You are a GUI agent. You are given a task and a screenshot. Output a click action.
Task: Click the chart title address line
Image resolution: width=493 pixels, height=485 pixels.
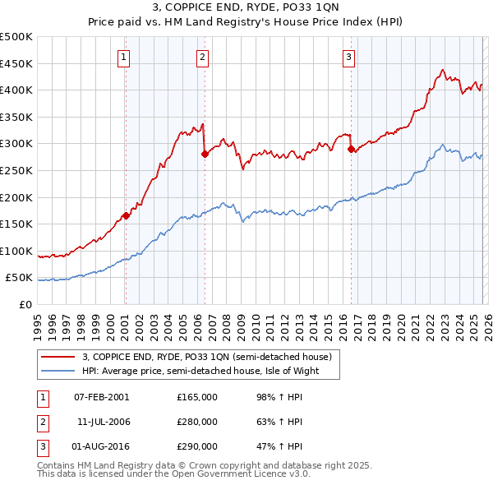tap(246, 7)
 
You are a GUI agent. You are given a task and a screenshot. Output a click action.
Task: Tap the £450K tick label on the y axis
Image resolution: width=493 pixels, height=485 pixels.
tap(16, 63)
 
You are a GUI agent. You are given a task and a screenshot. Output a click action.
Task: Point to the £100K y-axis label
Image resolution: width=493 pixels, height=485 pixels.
tap(16, 251)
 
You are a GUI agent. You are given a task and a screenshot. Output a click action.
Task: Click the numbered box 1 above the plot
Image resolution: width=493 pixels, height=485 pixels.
tap(123, 57)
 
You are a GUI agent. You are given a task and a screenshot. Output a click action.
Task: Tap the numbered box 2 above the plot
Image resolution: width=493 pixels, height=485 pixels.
tap(202, 57)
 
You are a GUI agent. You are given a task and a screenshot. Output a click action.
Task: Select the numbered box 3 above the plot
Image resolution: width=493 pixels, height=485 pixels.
tap(348, 57)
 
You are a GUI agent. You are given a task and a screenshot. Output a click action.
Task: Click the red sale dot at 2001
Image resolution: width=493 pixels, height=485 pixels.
tap(126, 216)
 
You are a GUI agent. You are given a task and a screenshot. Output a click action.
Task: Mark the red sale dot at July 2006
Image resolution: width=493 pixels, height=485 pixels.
tap(205, 154)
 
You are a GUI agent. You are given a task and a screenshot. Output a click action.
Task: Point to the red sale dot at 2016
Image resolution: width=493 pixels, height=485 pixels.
tap(351, 149)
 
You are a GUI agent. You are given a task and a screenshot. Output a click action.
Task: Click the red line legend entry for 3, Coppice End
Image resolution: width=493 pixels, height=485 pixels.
tap(206, 357)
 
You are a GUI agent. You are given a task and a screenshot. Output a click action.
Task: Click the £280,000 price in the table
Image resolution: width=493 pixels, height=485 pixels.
tap(197, 422)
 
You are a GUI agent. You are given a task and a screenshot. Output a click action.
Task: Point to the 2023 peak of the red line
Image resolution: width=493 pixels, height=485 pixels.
tap(443, 70)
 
